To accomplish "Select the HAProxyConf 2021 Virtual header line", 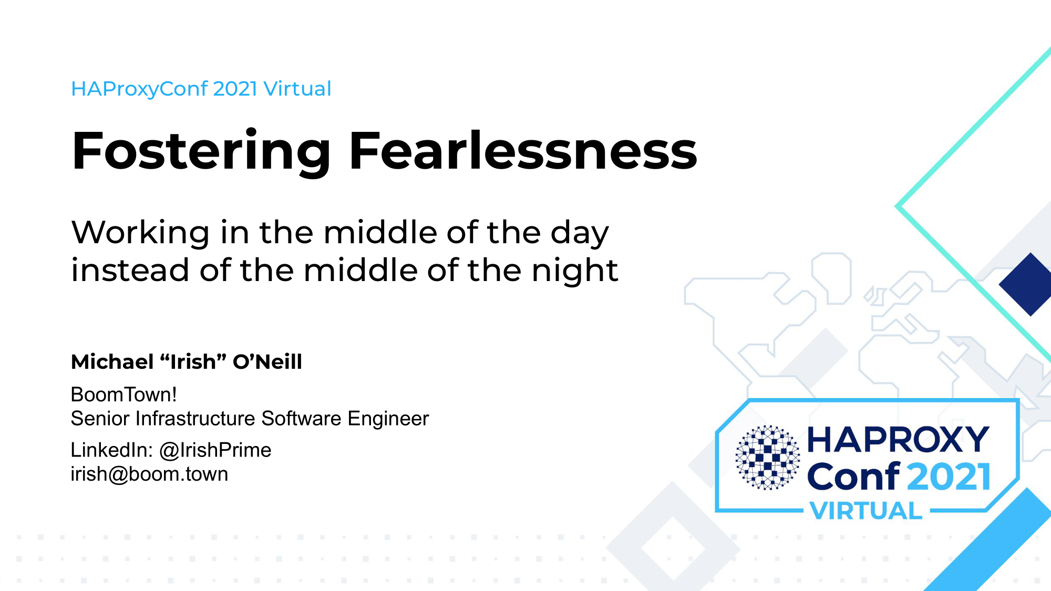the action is click(x=201, y=89).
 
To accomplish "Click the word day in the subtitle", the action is click(x=580, y=233).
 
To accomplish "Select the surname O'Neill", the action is click(x=267, y=361).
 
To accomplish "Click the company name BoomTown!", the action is click(x=124, y=395).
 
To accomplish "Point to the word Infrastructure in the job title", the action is click(x=195, y=419).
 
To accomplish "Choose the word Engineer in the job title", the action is click(x=388, y=419).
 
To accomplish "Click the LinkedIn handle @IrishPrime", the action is click(x=215, y=450).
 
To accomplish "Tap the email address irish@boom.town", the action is click(x=150, y=474).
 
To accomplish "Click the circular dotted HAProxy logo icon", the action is click(x=768, y=457).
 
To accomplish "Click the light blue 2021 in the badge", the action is click(x=949, y=476).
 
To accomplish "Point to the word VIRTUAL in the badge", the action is click(x=866, y=511).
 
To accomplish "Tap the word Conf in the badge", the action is click(x=854, y=475).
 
